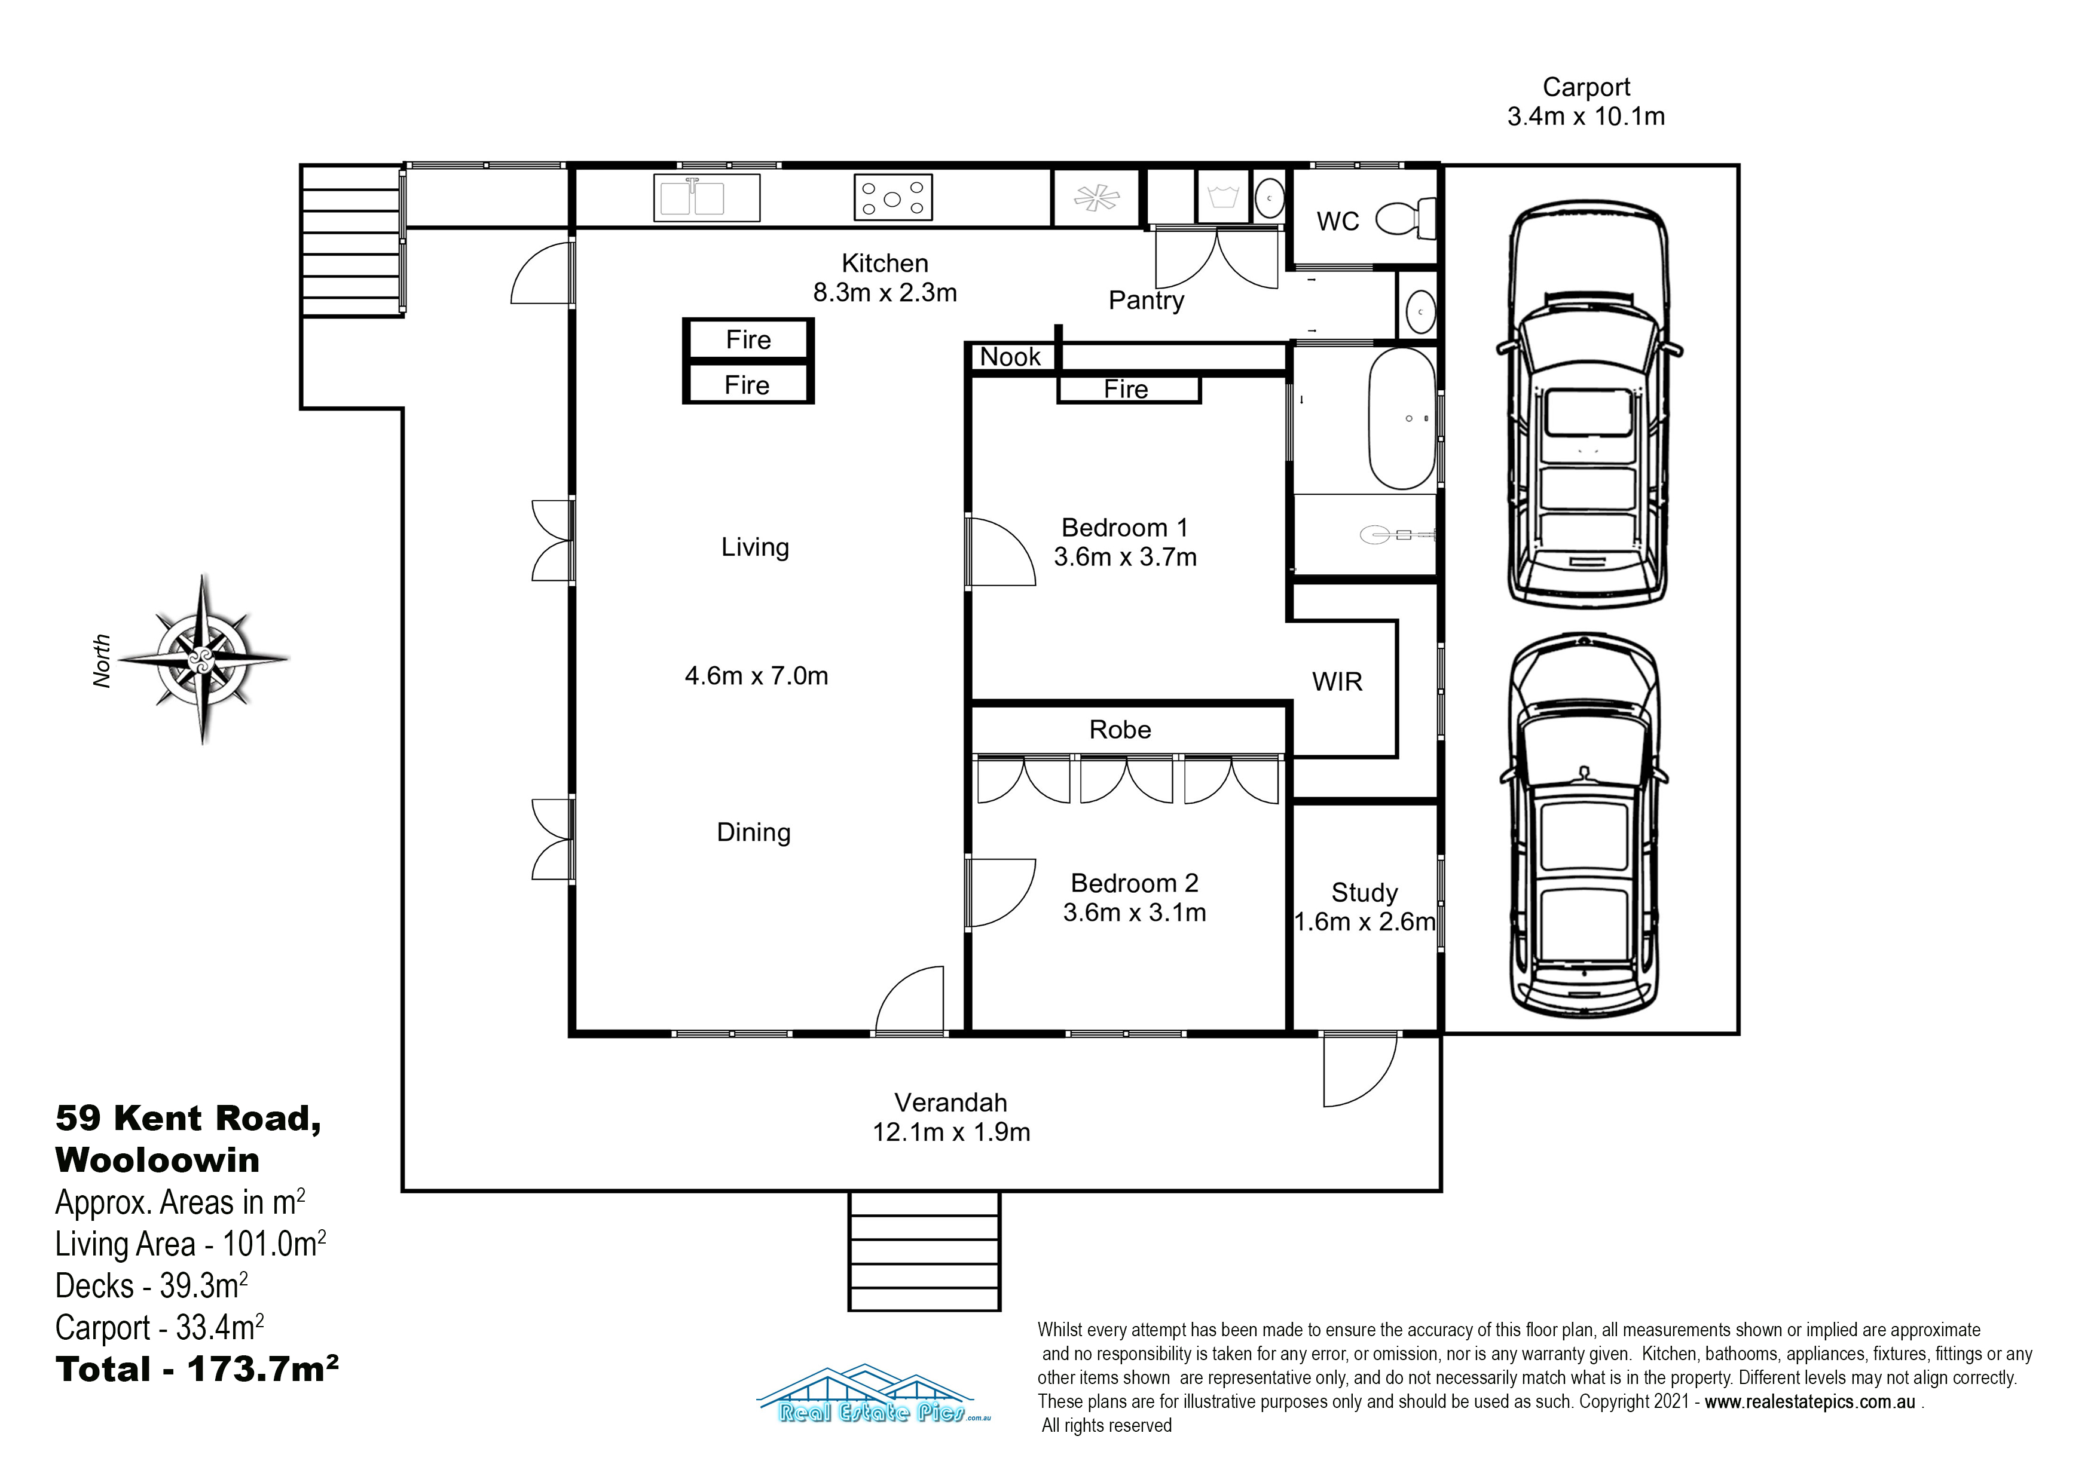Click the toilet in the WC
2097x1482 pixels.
pos(1405,219)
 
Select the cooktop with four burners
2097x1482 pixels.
pos(892,197)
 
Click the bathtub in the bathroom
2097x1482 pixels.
pos(1401,418)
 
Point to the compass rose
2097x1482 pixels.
pos(203,659)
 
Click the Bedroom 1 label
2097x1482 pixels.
pos(1124,528)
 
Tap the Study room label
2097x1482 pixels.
pos(1365,892)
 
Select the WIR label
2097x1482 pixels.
pos(1337,682)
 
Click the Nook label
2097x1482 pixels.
pos(1010,357)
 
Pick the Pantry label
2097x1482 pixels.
pos(1146,301)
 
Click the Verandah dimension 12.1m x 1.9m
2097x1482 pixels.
pos(951,1132)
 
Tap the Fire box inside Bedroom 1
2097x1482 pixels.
pos(1128,389)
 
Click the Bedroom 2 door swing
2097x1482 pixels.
pos(1001,892)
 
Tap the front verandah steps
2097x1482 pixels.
pos(924,1251)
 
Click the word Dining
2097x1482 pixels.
pos(753,833)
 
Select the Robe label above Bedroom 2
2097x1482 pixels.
pos(1120,730)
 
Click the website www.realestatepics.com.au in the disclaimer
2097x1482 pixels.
pos(1809,1402)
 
